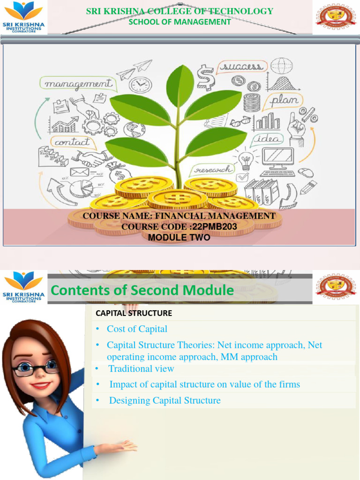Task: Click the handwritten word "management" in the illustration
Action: [78, 84]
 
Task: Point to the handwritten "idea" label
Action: [269, 139]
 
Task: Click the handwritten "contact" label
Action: [72, 141]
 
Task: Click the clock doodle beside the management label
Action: [140, 85]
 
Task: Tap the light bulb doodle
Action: [246, 160]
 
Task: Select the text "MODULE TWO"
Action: [179, 238]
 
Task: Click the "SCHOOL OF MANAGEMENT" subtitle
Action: [180, 22]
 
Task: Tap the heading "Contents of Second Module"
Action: [142, 291]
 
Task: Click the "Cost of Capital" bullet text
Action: [137, 329]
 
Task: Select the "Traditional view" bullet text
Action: [141, 369]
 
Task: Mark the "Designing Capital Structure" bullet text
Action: [165, 400]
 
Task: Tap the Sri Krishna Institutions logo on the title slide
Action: [23, 17]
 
